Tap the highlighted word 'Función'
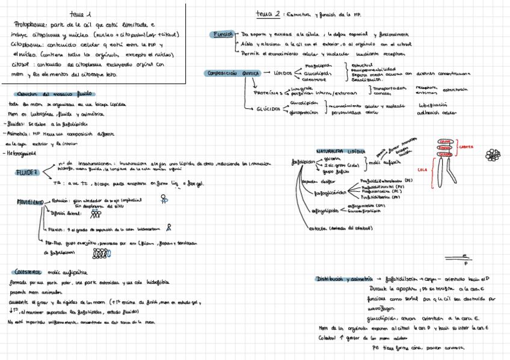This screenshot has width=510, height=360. tap(222, 35)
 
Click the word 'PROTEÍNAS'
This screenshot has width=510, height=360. tap(268, 93)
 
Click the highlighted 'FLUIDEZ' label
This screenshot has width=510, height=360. tap(27, 173)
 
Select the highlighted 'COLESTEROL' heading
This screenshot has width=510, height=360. tap(28, 272)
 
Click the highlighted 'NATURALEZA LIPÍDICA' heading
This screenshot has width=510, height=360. tap(340, 151)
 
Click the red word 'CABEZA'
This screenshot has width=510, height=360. tap(465, 146)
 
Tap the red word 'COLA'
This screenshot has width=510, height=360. tap(422, 169)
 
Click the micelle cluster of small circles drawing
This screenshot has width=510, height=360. tap(493, 155)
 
